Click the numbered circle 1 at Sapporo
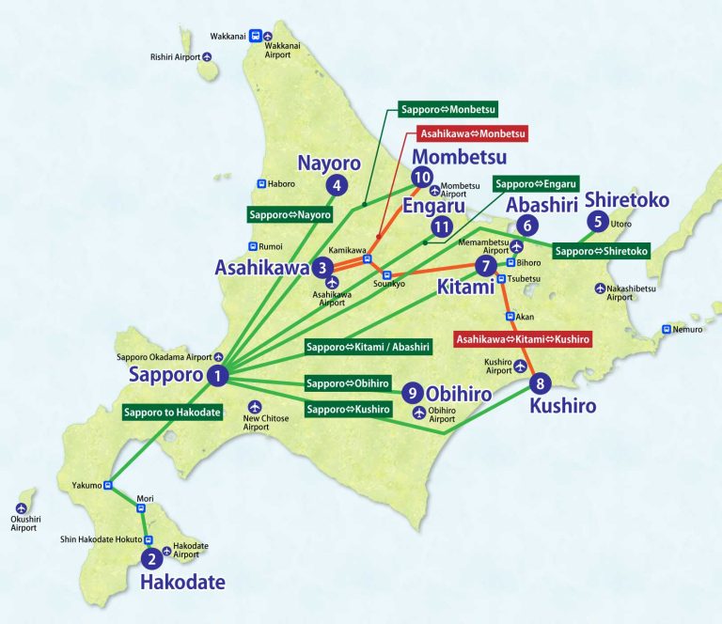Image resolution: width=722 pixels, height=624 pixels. tap(218, 376)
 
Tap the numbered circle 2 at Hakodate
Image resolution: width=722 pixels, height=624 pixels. tap(150, 559)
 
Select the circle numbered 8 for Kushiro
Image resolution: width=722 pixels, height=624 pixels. tap(539, 383)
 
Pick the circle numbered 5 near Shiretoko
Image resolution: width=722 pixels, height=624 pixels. tap(597, 223)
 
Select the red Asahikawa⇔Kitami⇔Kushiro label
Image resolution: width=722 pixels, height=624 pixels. tap(523, 338)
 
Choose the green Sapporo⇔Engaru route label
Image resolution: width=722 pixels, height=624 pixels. tap(535, 183)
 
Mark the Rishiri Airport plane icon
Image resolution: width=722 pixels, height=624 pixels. tap(208, 56)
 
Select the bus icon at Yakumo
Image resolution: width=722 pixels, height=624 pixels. tap(108, 486)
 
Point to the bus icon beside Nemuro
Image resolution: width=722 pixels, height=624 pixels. tap(667, 330)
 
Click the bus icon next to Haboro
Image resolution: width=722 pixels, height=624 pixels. tap(261, 184)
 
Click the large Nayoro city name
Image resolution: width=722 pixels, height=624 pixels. tap(329, 163)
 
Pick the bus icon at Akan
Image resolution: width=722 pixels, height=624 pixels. tap(510, 317)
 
